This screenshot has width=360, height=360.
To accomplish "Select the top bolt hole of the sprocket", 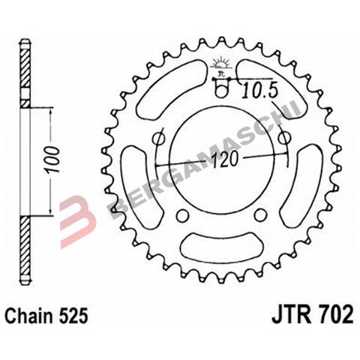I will tap(221, 92).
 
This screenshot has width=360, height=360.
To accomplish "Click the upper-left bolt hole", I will tap(159, 139).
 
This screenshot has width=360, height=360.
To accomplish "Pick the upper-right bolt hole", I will tap(284, 139).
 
